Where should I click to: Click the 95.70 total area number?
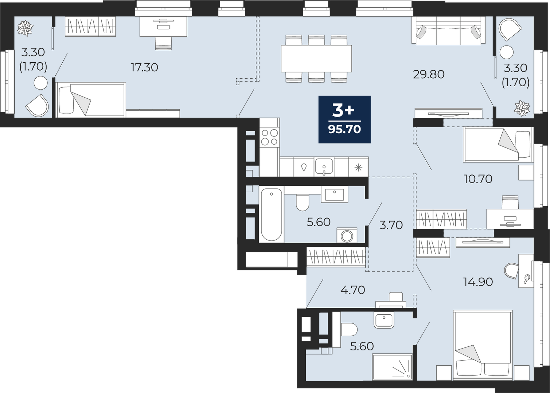click(x=344, y=129)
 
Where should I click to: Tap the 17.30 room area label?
click(x=144, y=67)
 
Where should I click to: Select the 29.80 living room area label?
click(x=429, y=74)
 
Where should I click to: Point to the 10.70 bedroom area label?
click(x=478, y=179)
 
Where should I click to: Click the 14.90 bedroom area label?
click(x=478, y=282)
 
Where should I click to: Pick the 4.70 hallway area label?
click(x=353, y=290)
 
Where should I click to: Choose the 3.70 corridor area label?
click(x=391, y=225)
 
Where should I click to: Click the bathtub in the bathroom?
click(x=271, y=215)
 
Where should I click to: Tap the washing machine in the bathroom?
click(x=347, y=235)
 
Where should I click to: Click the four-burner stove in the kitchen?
click(x=269, y=137)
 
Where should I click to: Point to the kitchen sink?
click(x=324, y=166)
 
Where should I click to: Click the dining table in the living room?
click(x=316, y=58)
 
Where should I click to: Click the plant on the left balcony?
click(x=25, y=28)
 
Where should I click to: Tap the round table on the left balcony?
click(x=40, y=83)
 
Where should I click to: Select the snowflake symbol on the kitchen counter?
click(x=359, y=168)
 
